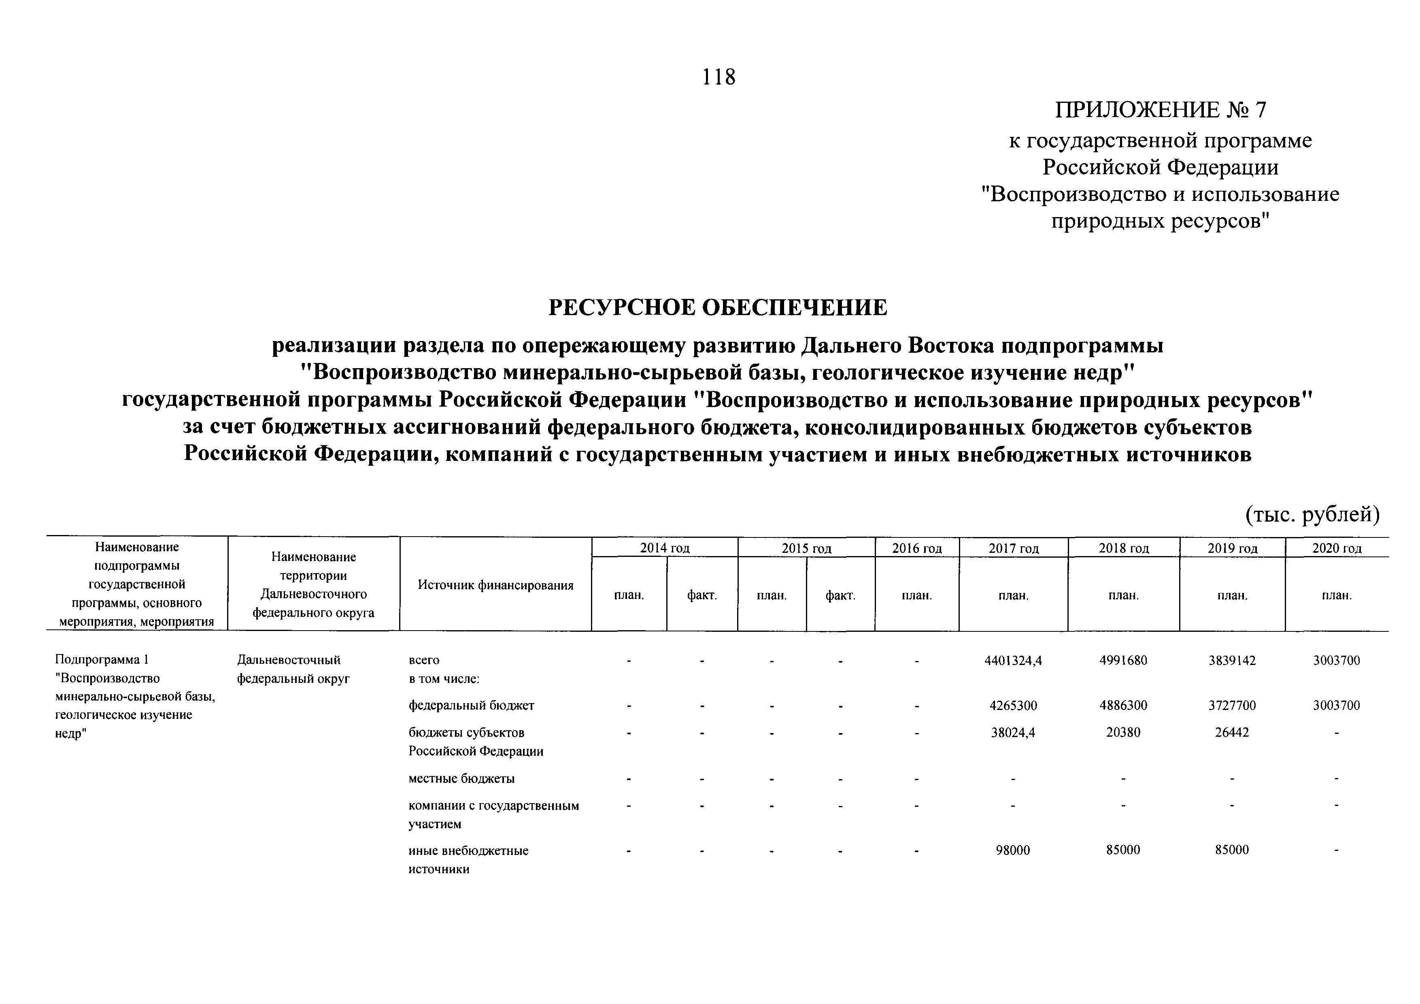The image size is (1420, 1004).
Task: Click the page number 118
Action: (719, 77)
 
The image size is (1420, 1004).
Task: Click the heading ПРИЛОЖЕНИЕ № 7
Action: (1160, 110)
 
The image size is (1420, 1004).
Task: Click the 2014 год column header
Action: (664, 548)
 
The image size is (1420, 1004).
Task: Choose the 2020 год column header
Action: (1337, 548)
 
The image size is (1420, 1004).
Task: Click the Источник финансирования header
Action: (495, 585)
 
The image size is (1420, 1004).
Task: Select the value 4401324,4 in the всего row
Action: (1013, 661)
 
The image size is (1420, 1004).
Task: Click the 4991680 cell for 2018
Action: (1123, 661)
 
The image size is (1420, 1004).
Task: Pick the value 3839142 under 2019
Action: (1232, 661)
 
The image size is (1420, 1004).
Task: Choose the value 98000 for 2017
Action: (1013, 851)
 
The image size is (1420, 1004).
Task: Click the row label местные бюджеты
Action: (461, 779)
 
